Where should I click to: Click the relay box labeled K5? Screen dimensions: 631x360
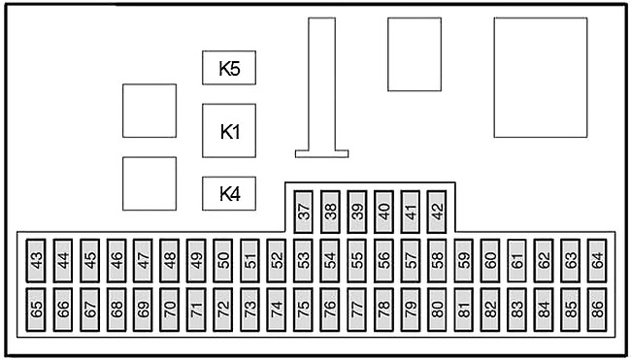pos(228,68)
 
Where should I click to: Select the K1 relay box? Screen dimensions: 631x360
pos(228,131)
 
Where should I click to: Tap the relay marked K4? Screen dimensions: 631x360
pos(228,193)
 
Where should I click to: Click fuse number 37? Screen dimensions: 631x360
pos(304,212)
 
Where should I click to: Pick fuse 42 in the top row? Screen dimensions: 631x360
pos(437,212)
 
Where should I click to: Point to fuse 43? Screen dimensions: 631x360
pos(36,261)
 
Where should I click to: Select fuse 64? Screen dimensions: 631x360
pos(597,261)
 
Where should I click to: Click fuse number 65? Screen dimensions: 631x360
pos(36,310)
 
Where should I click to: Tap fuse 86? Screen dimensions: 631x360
pos(597,310)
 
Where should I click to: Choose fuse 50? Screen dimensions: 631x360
pos(222,261)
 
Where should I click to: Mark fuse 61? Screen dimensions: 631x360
pos(516,261)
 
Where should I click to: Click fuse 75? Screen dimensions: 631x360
pos(303,310)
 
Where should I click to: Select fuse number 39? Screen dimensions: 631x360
pos(357,212)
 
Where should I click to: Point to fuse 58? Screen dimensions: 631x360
pos(437,261)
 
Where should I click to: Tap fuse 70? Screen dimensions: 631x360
pos(170,310)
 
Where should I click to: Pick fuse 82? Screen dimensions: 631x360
pos(490,310)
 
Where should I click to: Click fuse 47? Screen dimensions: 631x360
pos(143,261)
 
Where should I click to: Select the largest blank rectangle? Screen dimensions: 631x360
pos(541,78)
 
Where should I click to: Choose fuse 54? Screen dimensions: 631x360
pos(330,261)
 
